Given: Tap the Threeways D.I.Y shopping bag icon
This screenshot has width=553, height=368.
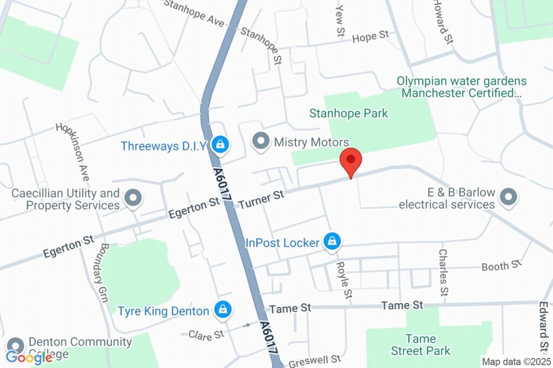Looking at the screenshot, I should coord(220,144).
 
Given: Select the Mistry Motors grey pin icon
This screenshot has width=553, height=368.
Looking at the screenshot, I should coord(261,141).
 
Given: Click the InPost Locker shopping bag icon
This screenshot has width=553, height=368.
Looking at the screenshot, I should coord(332,242).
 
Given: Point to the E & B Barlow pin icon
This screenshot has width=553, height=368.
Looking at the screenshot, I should coord(508,197).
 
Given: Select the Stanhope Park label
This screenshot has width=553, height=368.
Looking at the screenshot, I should coord(348,113).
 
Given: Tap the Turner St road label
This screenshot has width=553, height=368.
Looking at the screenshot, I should coord(261,199).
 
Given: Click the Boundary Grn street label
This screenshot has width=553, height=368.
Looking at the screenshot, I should coord(104,271).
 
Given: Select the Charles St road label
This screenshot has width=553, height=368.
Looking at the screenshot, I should coord(443,272).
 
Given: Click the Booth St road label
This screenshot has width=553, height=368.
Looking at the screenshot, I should coord(502,265).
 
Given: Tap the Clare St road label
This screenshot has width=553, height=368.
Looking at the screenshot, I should coord(206,335).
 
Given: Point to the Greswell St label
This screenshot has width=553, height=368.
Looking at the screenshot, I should coord(314,361).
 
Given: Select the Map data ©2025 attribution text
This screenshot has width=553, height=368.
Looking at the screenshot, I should coord(516,362).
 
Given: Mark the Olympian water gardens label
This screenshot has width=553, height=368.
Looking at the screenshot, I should coord(461,87).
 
